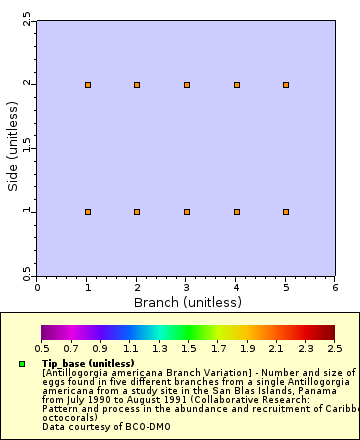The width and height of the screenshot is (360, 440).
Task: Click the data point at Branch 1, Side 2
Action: (88, 85)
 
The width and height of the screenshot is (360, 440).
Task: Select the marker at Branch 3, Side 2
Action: (187, 85)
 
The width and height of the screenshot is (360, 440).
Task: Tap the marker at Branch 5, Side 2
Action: (286, 85)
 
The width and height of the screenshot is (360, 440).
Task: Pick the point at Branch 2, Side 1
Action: (137, 212)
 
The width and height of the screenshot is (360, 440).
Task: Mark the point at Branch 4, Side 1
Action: (237, 212)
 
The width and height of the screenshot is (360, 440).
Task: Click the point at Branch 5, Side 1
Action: (286, 212)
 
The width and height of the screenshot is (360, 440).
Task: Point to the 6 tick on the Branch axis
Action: (335, 287)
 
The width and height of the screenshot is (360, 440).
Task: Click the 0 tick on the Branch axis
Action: (38, 287)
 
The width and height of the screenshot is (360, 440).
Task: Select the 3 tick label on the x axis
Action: (187, 287)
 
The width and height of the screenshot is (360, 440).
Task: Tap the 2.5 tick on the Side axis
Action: (27, 20)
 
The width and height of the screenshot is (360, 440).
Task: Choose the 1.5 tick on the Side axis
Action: (27, 148)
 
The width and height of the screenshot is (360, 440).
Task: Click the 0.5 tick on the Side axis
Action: (27, 275)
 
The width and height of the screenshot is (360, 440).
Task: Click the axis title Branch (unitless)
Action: (187, 301)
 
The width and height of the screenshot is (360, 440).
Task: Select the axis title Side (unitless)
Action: (12, 148)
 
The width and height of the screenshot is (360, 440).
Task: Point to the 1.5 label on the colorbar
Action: (188, 349)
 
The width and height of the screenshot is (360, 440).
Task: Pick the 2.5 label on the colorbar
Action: (334, 349)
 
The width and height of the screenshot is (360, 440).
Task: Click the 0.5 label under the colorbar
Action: (42, 349)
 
